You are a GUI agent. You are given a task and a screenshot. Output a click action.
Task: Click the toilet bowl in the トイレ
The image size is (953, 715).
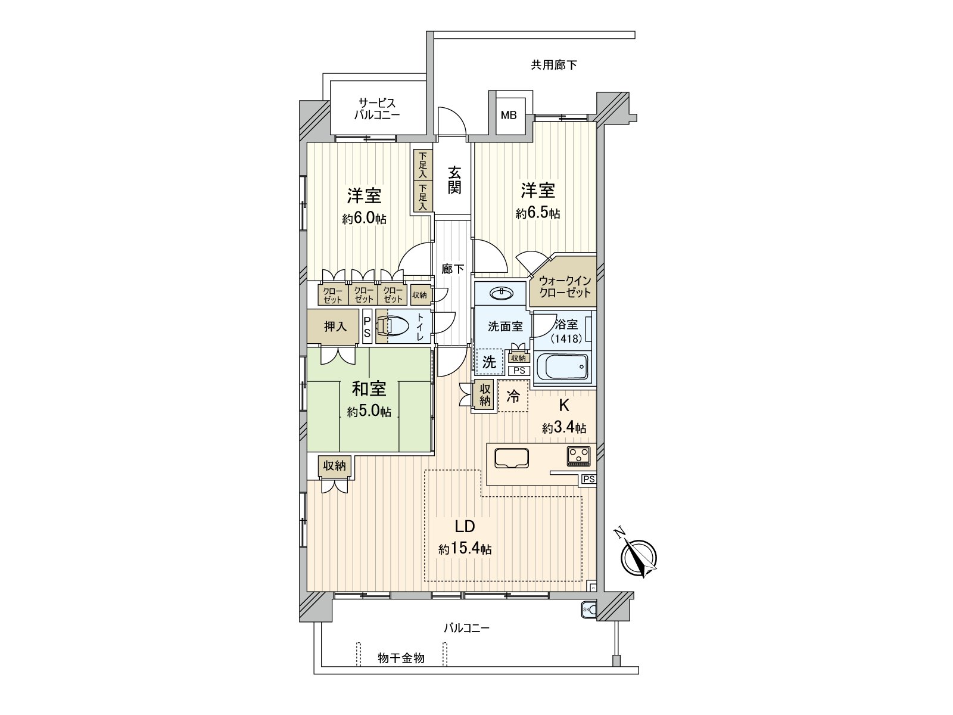click(395, 327)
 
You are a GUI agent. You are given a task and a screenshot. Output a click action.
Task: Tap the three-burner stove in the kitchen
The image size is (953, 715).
click(578, 456)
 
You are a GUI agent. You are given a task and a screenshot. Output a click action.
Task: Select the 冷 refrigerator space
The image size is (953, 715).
click(512, 396)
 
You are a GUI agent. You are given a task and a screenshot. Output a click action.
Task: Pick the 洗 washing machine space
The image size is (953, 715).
click(489, 362)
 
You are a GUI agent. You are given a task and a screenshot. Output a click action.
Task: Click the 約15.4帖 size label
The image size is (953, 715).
click(465, 549)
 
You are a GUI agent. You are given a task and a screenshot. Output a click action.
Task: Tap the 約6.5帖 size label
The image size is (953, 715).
click(538, 213)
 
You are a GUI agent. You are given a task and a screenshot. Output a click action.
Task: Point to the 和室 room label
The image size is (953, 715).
click(369, 389)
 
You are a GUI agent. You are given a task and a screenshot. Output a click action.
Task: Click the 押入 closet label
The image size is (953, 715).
click(335, 327)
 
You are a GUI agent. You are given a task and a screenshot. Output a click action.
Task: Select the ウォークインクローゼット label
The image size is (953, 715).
click(564, 287)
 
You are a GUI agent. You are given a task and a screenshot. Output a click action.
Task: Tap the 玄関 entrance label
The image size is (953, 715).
click(454, 180)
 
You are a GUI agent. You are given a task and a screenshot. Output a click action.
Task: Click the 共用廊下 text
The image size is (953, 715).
click(554, 65)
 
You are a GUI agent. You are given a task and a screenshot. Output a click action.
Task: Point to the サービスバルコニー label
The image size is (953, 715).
click(377, 108)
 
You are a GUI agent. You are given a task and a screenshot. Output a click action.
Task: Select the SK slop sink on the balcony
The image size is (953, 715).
click(587, 610)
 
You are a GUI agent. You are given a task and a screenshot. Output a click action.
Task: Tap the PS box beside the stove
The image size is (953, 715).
click(588, 479)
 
